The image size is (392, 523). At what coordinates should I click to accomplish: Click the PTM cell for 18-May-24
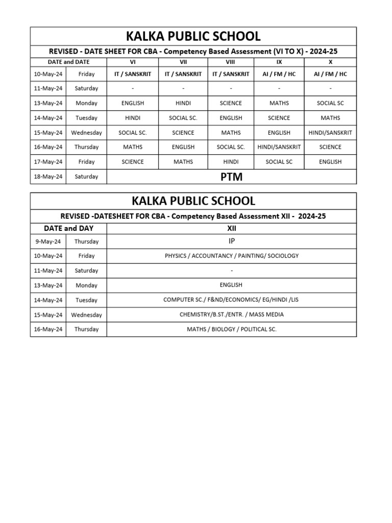click(231, 177)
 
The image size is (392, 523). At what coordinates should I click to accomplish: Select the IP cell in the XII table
click(231, 241)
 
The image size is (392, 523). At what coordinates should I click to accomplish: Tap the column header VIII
click(231, 61)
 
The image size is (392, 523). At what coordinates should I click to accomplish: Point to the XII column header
click(231, 228)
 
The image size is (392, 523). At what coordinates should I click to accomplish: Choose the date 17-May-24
click(48, 162)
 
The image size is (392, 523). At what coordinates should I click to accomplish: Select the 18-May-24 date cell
click(48, 177)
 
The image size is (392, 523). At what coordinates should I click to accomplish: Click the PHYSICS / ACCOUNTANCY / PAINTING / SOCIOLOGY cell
click(231, 256)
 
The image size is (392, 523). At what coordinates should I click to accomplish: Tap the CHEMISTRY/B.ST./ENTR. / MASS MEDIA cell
click(231, 315)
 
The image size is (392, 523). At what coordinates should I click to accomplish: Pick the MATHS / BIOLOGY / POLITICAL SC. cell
click(231, 329)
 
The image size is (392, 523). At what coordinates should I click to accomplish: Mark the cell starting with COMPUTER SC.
click(231, 300)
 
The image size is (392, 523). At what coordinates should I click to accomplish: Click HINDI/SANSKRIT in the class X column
click(330, 133)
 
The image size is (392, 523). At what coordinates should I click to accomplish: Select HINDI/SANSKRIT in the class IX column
click(279, 147)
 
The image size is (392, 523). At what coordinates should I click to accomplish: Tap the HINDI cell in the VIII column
click(231, 162)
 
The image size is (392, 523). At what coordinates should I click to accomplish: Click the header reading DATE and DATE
click(68, 61)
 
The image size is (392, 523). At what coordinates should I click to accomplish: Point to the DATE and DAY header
click(68, 228)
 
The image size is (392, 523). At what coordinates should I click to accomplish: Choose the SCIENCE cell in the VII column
click(183, 133)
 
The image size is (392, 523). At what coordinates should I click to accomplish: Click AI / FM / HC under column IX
click(279, 74)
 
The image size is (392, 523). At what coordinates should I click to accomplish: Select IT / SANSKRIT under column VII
click(183, 74)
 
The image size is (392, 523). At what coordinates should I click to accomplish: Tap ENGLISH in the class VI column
click(133, 103)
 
